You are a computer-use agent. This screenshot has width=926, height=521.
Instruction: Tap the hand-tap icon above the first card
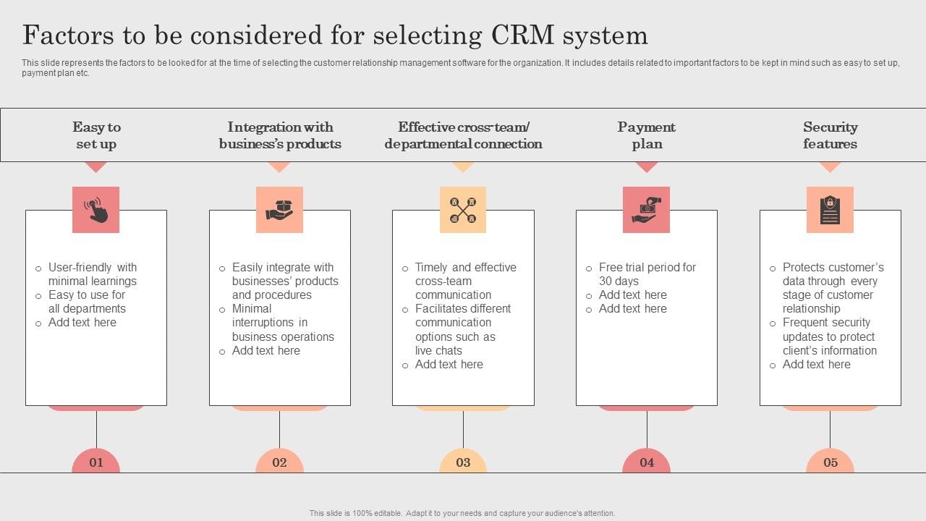(x=95, y=210)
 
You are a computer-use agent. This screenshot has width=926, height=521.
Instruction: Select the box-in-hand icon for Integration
(x=279, y=210)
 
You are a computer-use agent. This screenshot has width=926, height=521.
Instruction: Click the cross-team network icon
(x=463, y=210)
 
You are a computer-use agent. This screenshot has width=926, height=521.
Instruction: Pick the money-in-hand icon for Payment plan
(x=646, y=210)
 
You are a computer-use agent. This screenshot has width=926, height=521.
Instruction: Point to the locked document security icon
(x=830, y=210)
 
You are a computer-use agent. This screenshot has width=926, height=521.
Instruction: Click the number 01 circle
(x=96, y=462)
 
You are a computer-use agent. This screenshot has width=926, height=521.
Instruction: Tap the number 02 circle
(x=279, y=462)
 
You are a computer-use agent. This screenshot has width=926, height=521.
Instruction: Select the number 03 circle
(x=463, y=462)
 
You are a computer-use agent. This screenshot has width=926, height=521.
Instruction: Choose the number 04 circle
(x=647, y=462)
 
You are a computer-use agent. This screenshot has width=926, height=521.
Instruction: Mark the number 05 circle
(x=830, y=462)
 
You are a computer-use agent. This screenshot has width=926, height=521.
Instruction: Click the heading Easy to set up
(x=96, y=135)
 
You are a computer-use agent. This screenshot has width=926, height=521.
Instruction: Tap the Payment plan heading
(x=647, y=135)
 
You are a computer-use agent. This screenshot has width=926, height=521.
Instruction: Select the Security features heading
(x=830, y=135)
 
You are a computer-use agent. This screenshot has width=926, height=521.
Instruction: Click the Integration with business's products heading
(x=280, y=135)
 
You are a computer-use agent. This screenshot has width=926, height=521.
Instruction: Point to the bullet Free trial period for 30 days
(x=647, y=274)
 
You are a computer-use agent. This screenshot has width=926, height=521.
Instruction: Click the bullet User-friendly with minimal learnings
(x=92, y=274)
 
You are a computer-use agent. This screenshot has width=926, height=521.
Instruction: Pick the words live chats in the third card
(x=438, y=350)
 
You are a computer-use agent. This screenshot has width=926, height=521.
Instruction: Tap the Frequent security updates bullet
(x=829, y=336)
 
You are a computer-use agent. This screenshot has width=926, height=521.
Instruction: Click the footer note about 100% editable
(x=462, y=513)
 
